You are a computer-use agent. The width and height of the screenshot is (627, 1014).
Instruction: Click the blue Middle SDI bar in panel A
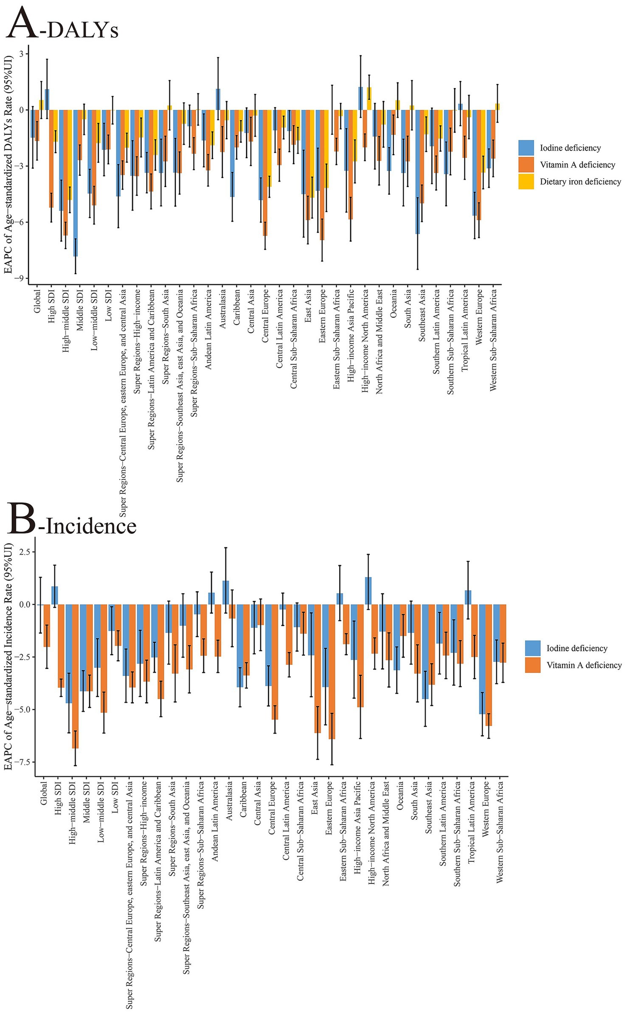pos(76,182)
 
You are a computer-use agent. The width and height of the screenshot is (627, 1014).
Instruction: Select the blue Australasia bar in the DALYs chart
pos(218,99)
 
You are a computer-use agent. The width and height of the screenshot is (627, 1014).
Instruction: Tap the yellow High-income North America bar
pos(369,98)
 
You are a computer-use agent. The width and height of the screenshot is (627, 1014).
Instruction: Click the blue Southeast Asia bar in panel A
pos(418,172)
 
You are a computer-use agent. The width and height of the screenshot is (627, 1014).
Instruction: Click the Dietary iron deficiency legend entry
pos(580,182)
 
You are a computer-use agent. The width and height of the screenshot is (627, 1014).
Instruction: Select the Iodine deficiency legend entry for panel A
pos(570,148)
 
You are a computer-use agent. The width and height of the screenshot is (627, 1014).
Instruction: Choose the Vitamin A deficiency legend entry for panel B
pos(584,665)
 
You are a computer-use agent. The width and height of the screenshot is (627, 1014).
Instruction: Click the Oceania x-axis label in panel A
pos(394,304)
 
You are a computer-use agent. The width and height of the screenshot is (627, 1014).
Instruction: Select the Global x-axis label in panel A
pos(38,301)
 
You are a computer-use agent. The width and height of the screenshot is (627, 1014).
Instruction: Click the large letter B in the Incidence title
pos(21,518)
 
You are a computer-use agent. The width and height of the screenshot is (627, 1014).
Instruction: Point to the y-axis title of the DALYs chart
pos(8,165)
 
